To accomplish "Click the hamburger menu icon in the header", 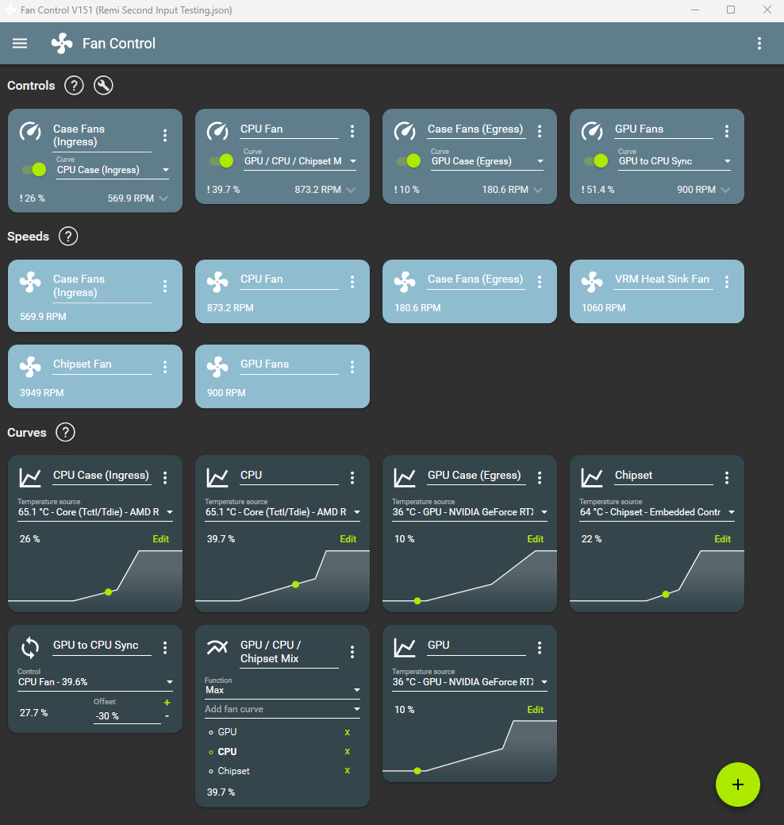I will point(20,44).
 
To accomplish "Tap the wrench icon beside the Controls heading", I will point(103,86).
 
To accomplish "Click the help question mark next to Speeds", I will point(68,237).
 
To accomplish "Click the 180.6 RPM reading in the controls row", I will point(505,190).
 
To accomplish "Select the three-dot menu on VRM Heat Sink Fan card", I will point(727,283).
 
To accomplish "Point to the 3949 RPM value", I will point(42,393).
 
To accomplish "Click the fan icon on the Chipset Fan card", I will point(30,366).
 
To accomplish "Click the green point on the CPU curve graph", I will point(295,584).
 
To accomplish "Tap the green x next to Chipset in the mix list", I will point(348,771).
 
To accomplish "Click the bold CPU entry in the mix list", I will point(227,751).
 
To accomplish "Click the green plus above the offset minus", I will point(167,703).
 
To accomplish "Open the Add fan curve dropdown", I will point(282,709).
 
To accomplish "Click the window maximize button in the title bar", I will point(731,10).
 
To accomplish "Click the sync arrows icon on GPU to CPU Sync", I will point(30,648).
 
